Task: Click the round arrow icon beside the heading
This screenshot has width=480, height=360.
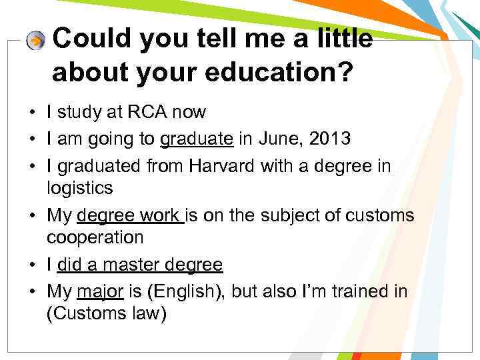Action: point(35,41)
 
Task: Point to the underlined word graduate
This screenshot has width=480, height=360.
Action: point(197,139)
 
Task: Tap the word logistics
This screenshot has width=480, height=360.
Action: point(80,188)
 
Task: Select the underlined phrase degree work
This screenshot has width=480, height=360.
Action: point(129,215)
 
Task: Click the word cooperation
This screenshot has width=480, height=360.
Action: point(95,237)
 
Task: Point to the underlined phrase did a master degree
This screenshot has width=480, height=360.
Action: point(139,265)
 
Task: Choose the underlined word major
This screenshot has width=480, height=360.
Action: point(100,291)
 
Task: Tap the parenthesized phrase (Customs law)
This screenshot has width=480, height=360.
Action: point(106,314)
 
